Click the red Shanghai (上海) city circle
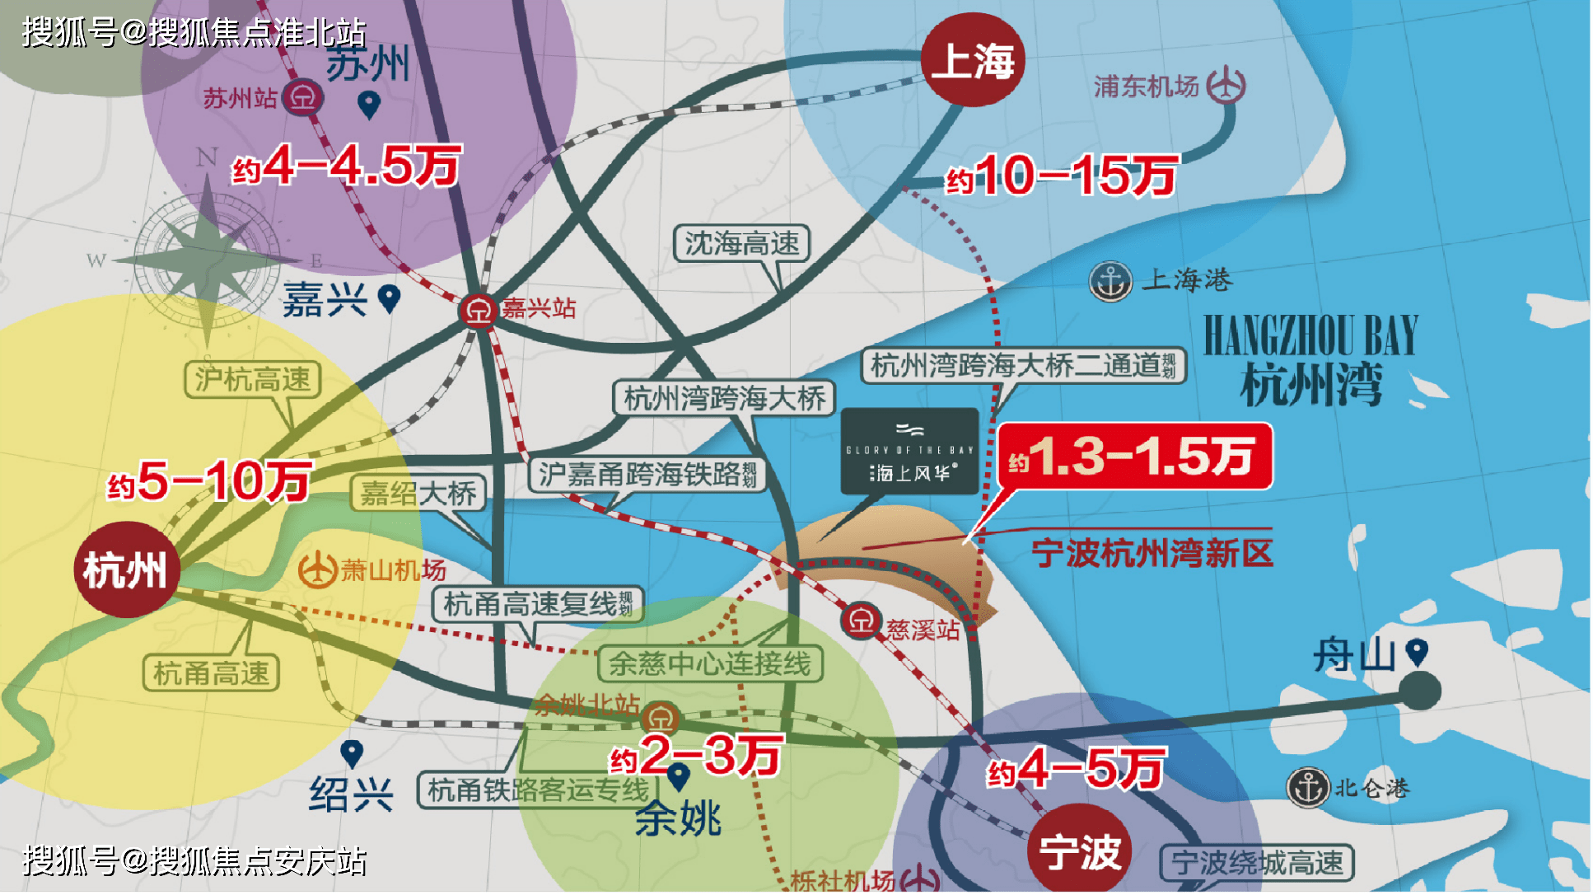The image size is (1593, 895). click(x=972, y=60)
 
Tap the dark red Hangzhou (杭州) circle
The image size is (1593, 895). click(x=126, y=569)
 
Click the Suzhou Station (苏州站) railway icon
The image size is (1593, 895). click(x=303, y=98)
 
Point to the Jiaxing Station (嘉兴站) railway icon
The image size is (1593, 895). click(x=478, y=311)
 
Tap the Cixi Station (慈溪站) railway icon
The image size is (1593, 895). click(x=861, y=621)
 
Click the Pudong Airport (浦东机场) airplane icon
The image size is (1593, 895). click(x=1226, y=85)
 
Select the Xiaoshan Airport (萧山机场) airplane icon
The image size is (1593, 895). click(x=317, y=569)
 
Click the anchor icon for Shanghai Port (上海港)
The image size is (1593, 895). click(x=1110, y=282)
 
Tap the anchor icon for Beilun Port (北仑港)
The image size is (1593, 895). click(x=1308, y=787)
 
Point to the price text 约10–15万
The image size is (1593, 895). click(x=1061, y=176)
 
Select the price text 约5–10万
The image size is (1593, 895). click(x=210, y=481)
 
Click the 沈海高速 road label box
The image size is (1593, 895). click(x=741, y=244)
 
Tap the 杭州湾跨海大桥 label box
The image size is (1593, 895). click(x=724, y=398)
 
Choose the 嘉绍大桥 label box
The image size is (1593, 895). click(x=418, y=493)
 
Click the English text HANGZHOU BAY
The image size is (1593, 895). click(x=1310, y=335)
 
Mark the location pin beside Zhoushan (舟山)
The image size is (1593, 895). click(x=1417, y=651)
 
